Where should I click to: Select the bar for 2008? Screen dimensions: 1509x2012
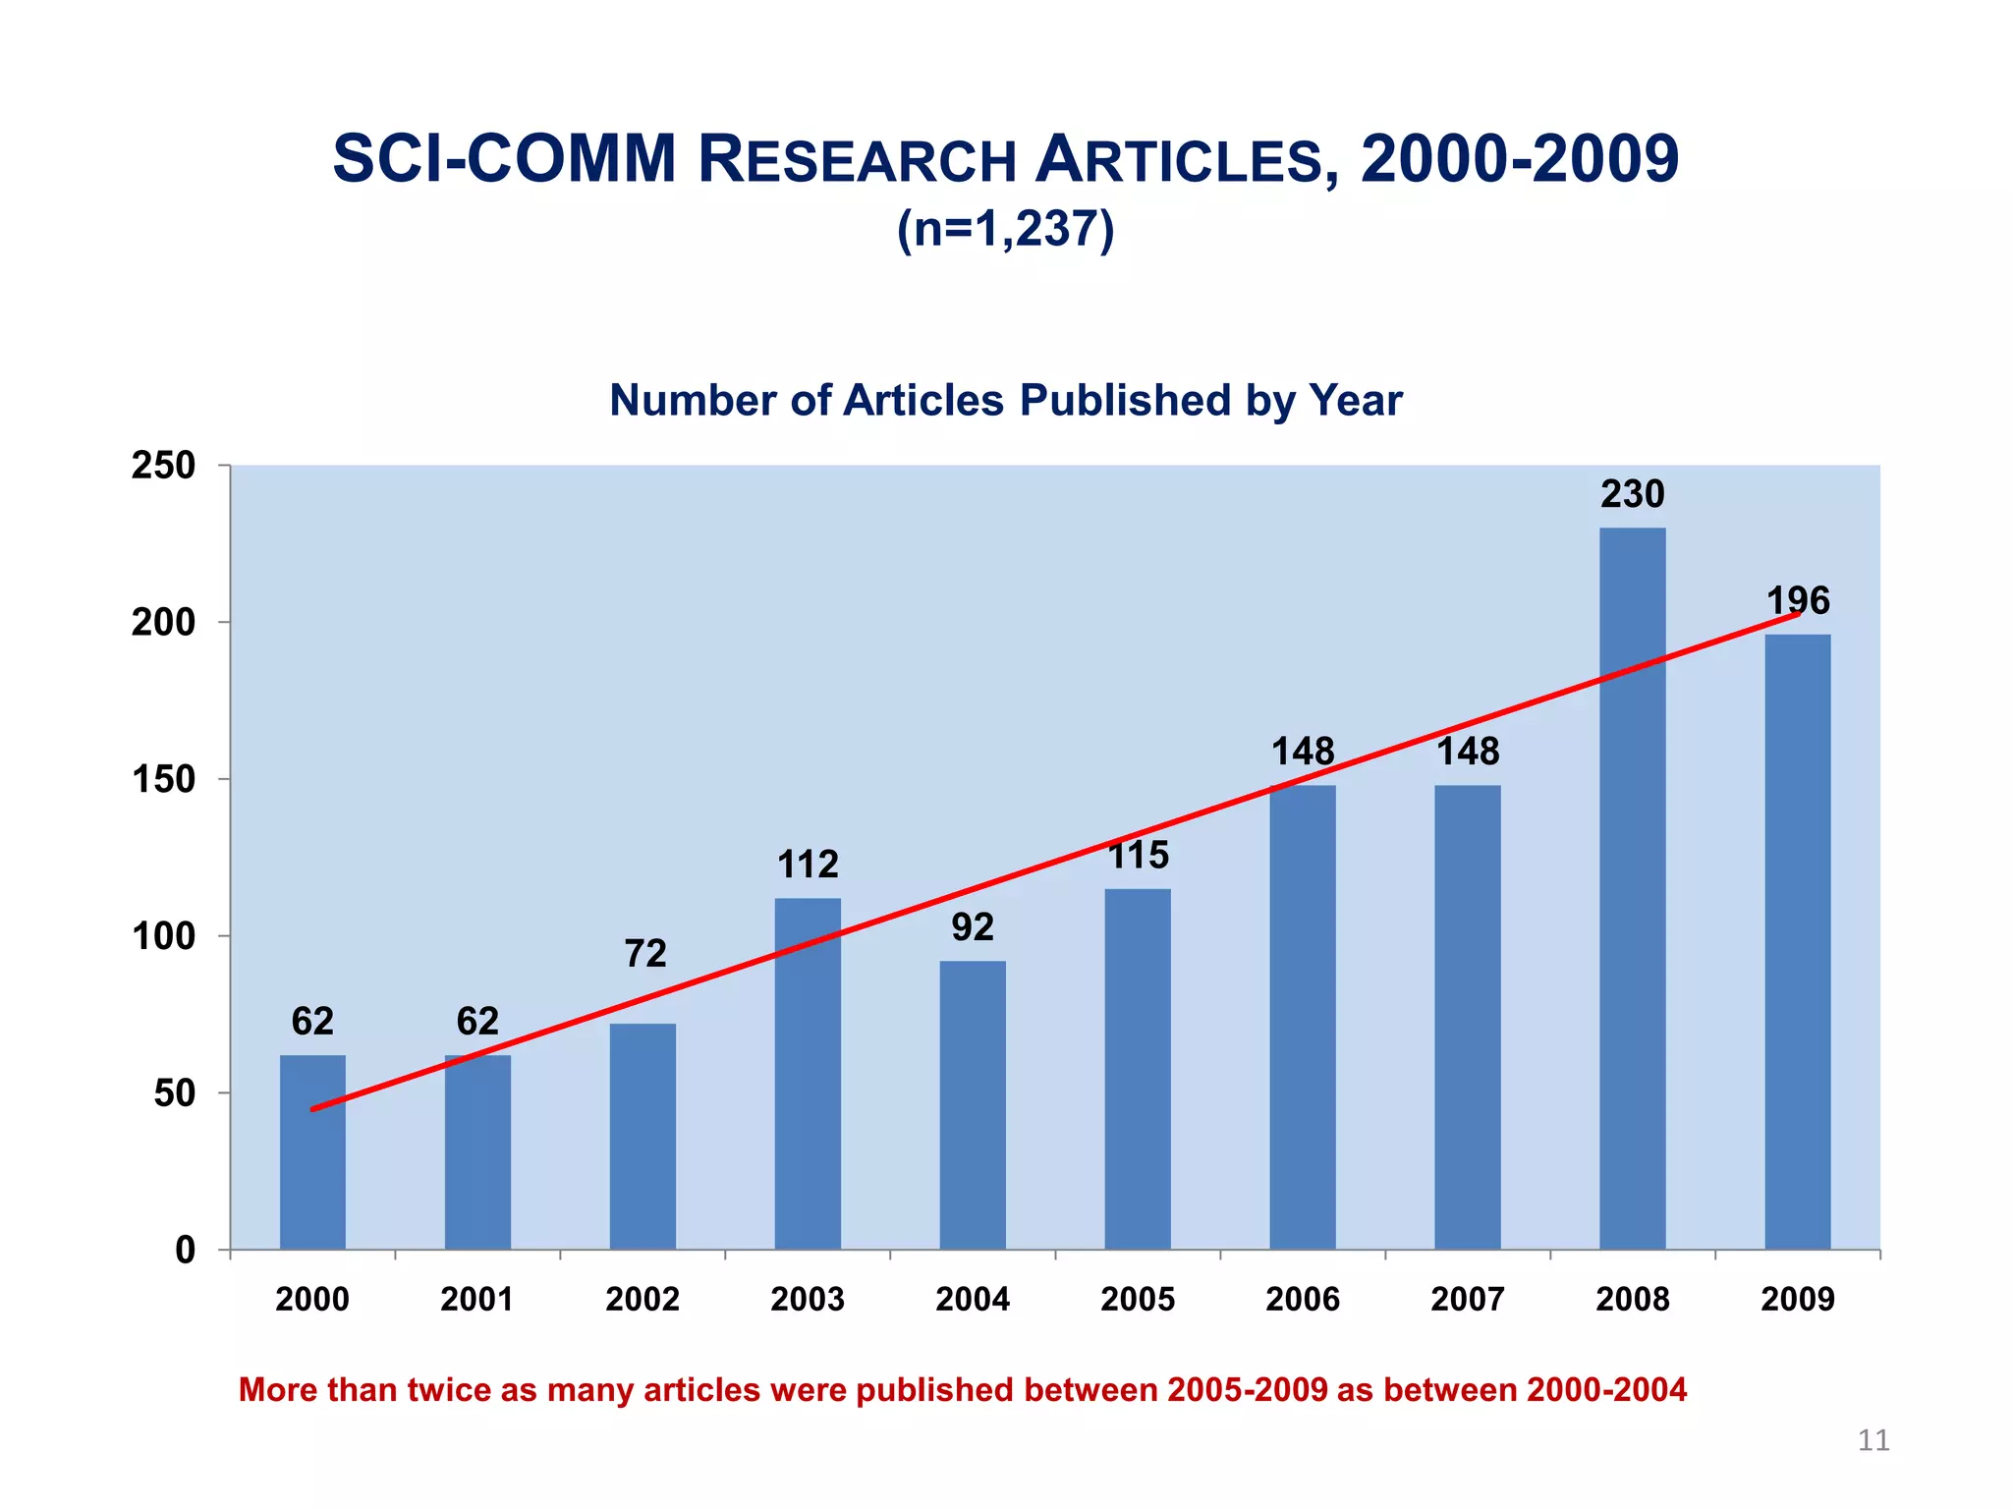click(x=1632, y=888)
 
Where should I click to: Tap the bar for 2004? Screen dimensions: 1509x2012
click(x=973, y=1104)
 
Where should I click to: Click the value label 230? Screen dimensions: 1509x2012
click(x=1632, y=494)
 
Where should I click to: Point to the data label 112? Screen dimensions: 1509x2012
click(x=808, y=865)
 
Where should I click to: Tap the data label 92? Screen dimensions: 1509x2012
click(x=973, y=927)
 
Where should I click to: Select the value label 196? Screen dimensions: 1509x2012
click(x=1798, y=600)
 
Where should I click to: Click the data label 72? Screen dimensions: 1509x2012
click(x=645, y=953)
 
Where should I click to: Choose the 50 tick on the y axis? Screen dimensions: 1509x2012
click(x=174, y=1093)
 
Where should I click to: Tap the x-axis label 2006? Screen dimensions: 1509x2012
click(x=1302, y=1300)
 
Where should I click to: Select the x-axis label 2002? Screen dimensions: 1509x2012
click(x=643, y=1300)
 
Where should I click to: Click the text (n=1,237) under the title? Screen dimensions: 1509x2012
click(x=1005, y=229)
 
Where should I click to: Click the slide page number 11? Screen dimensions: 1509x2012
click(x=1872, y=1440)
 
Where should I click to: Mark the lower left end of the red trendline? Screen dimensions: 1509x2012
click(x=313, y=1109)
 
